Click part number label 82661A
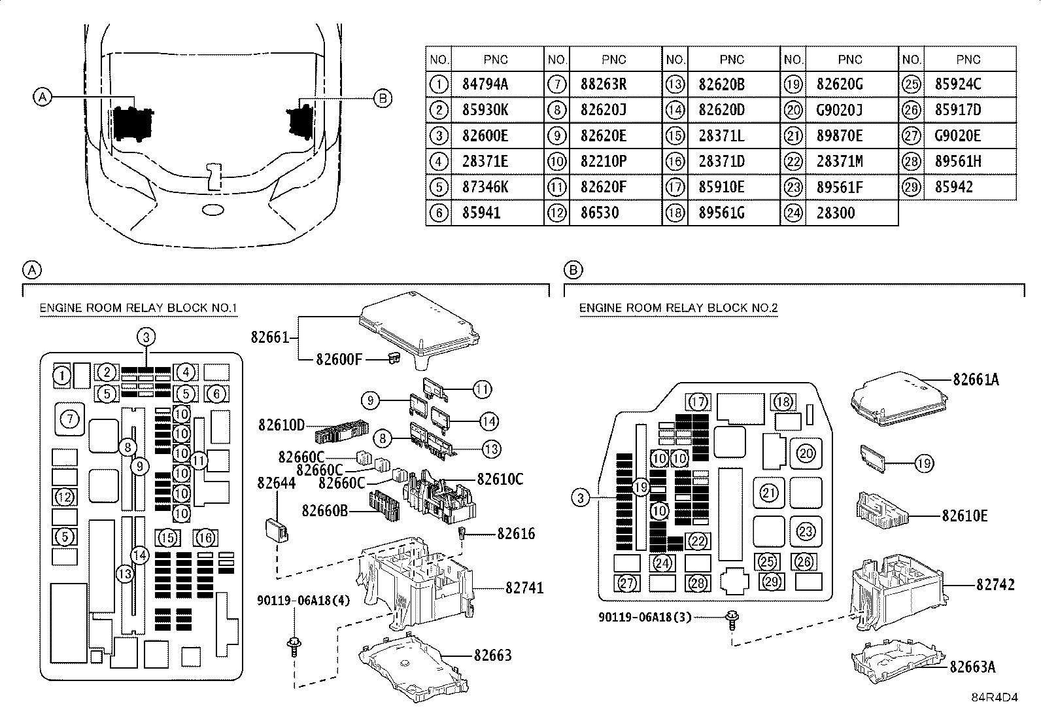976,379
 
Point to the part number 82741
524,588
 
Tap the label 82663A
973,667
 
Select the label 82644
277,483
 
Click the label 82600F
339,360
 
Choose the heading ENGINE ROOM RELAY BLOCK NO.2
678,308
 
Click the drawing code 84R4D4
995,697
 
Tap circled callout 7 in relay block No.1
70,419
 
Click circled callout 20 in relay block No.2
806,453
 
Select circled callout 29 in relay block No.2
772,582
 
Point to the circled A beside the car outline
43,97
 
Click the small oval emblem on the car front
213,210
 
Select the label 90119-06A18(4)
303,601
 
